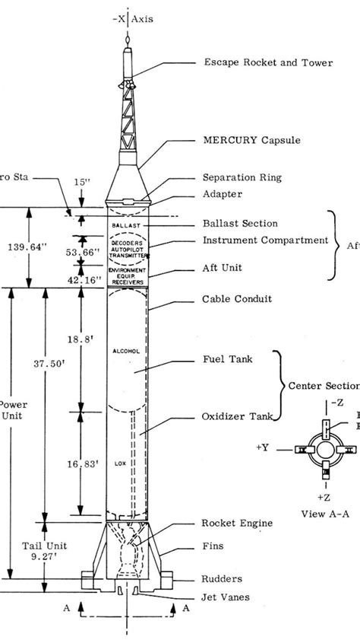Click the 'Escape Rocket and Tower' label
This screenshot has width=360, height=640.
(x=267, y=63)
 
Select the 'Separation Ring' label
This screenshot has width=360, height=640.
(x=242, y=177)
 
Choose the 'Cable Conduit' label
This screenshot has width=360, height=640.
(x=236, y=298)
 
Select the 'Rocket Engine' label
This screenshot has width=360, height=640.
(x=237, y=524)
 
